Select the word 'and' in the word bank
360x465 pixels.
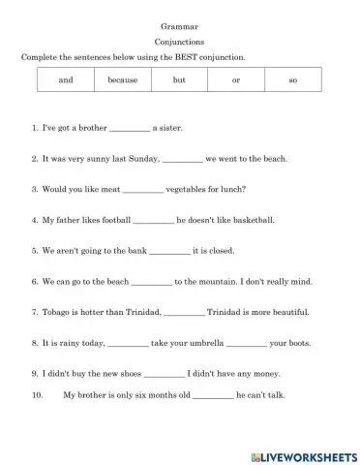click(x=66, y=79)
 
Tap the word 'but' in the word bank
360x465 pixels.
click(x=179, y=79)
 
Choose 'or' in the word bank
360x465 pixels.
click(x=236, y=79)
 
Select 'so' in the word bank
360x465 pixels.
click(x=292, y=79)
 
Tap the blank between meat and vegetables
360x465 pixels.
click(x=144, y=190)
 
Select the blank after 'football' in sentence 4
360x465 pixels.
click(x=153, y=221)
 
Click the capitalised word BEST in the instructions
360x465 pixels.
click(x=183, y=57)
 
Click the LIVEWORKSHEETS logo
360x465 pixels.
click(x=304, y=453)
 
